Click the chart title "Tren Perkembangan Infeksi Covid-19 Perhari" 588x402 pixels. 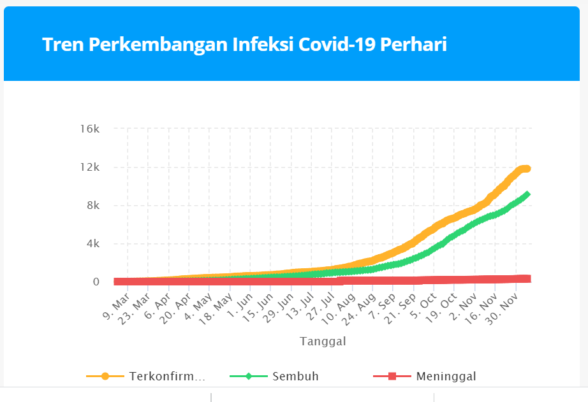244,45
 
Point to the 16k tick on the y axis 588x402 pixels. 89,129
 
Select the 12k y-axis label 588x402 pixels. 89,167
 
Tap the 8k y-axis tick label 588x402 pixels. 92,205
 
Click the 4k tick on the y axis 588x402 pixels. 92,243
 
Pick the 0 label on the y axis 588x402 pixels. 96,282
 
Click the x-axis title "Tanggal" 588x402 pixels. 323,341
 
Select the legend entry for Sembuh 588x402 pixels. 295,377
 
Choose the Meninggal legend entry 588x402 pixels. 446,377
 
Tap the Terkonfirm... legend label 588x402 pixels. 167,377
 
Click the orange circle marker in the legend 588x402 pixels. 105,377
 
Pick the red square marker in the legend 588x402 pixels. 392,377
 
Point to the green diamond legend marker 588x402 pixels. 249,377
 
